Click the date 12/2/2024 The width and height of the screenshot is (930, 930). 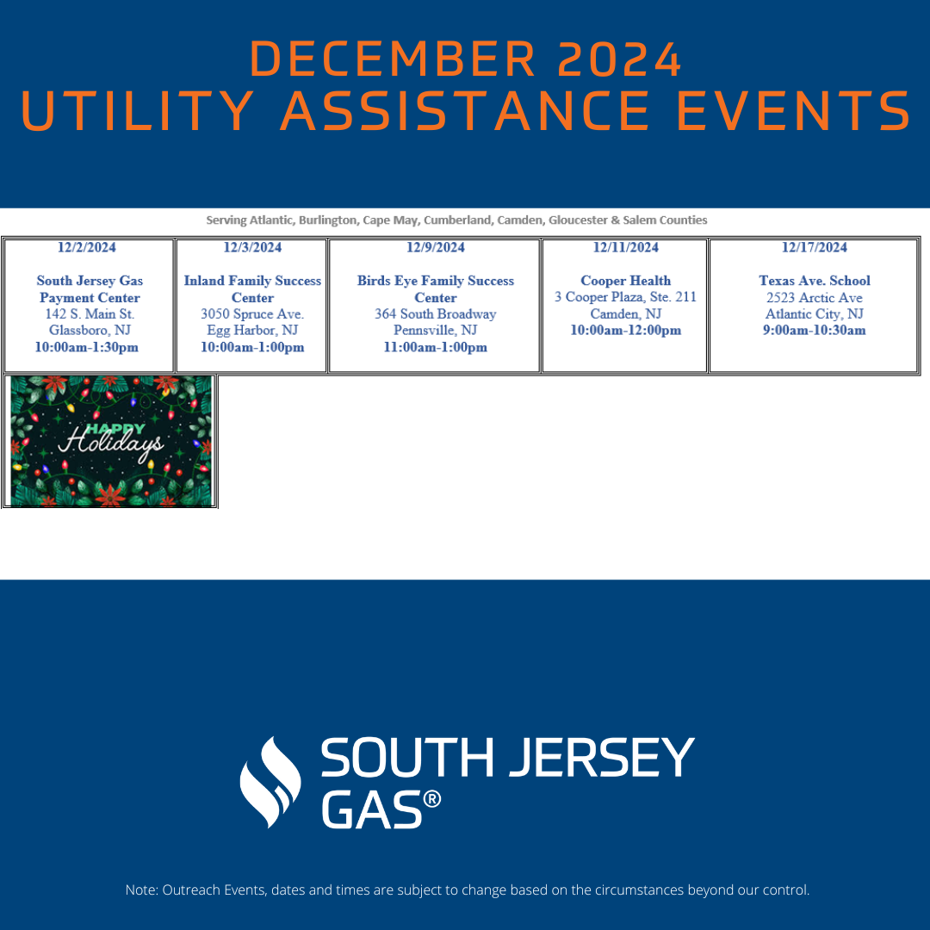coord(87,247)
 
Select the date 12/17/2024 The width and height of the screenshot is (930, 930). coord(815,247)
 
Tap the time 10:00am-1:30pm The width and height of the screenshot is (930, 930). coord(87,347)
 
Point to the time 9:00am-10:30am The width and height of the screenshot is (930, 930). coord(815,331)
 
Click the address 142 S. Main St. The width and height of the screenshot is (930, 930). coord(90,313)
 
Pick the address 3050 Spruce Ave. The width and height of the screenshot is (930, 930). coord(252,313)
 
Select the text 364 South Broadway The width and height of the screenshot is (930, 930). coord(436,313)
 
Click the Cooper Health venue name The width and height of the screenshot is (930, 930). coord(626,281)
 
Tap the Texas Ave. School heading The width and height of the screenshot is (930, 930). coord(815,281)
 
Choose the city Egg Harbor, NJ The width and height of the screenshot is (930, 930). coord(252,331)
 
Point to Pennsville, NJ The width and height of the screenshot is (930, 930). coord(436,331)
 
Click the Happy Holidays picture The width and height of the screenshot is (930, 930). coord(111,441)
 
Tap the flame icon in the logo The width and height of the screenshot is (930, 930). coord(270,782)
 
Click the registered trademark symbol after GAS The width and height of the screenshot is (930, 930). coord(432,799)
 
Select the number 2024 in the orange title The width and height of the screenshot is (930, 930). coord(620,59)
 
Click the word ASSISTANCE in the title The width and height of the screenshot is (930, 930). coord(464,111)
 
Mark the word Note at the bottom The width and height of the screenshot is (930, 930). coord(140,890)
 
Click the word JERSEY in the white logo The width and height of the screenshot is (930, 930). coord(601,758)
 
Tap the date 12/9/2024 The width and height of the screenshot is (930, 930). coord(436,247)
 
